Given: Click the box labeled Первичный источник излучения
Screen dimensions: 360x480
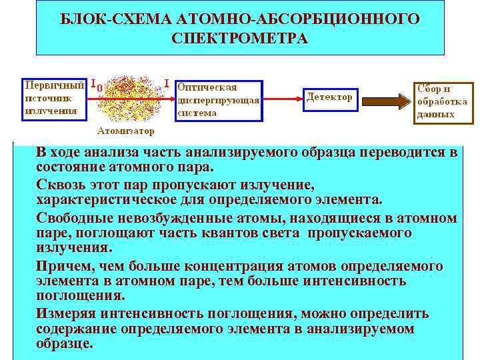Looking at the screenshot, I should pos(53,99).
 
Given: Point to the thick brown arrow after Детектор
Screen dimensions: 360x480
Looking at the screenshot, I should pos(385,101).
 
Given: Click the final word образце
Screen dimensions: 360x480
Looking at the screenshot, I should pos(65,343).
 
